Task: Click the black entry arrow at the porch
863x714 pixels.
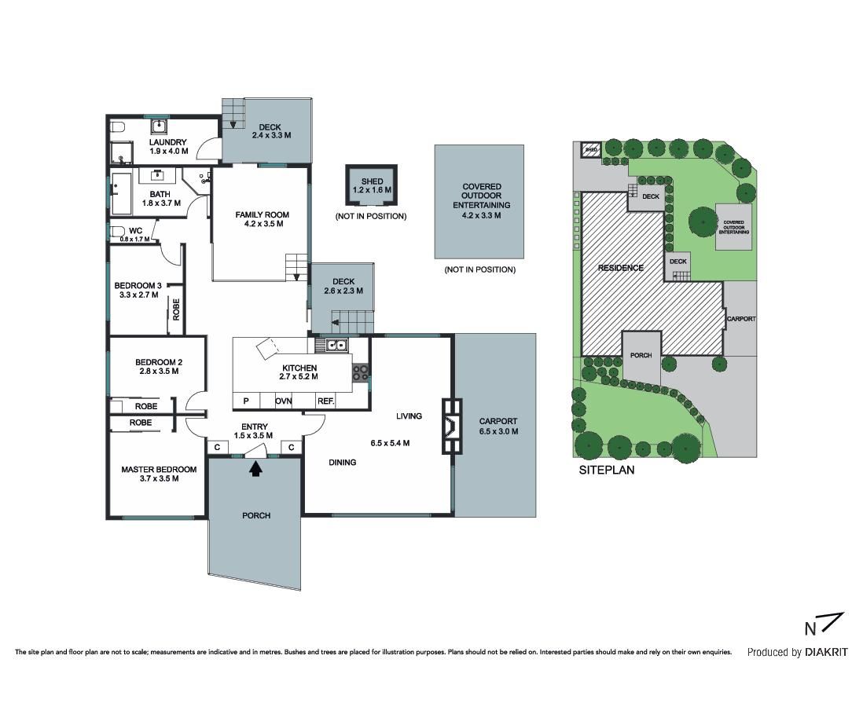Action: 255,469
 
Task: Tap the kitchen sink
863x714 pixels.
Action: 332,345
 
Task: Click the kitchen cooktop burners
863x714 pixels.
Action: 361,372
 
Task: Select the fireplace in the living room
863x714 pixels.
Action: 452,426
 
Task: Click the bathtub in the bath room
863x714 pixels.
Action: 121,194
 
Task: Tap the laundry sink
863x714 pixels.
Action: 159,126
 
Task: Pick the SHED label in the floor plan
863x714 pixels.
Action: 372,181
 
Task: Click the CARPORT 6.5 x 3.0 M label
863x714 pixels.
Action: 498,427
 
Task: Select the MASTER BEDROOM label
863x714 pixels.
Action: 159,469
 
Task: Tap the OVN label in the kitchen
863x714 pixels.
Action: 284,401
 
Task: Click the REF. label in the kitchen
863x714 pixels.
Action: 326,401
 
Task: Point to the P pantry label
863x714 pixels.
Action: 246,401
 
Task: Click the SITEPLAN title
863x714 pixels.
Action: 607,471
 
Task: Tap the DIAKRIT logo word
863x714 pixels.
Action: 826,652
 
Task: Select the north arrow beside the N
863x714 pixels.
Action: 831,623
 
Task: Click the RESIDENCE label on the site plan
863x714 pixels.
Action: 621,268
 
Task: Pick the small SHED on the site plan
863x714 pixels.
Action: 591,149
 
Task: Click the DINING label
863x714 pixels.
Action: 343,462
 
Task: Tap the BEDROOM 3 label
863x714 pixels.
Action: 138,285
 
